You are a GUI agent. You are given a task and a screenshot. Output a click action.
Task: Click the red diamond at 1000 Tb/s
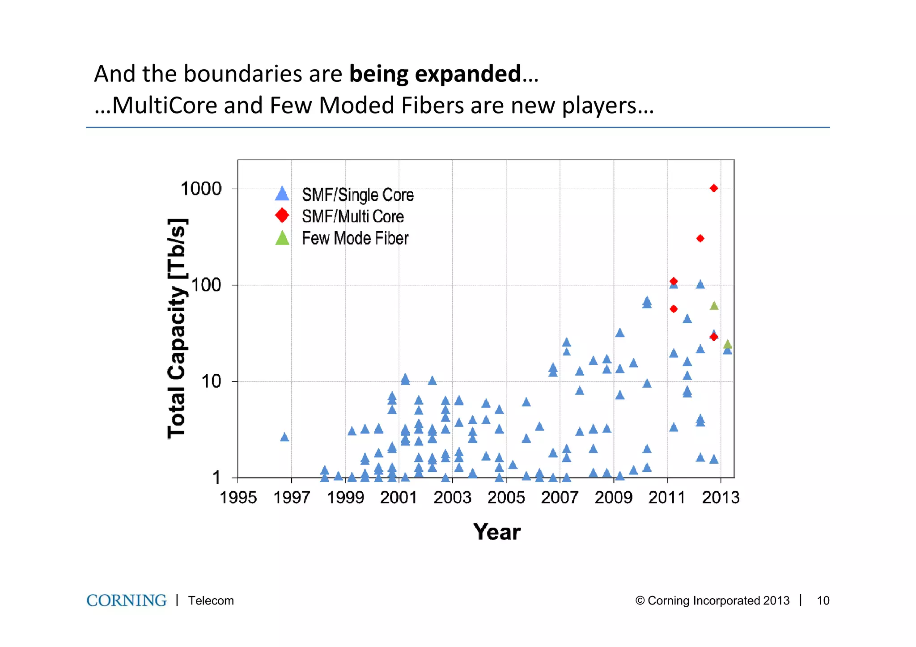pos(714,188)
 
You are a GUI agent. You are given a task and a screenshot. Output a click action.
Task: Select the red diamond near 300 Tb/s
pos(700,238)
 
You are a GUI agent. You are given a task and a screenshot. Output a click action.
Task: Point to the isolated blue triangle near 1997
pos(284,437)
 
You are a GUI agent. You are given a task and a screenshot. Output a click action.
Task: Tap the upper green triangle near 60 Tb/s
pos(714,306)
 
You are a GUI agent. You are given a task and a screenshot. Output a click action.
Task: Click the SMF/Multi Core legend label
pos(352,216)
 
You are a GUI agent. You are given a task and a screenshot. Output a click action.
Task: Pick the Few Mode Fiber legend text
pos(355,238)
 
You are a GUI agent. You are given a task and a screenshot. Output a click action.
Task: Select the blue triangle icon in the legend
pos(282,194)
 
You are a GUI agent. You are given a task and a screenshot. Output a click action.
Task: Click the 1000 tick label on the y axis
pos(201,189)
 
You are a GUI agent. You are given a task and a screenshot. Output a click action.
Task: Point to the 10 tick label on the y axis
pos(211,381)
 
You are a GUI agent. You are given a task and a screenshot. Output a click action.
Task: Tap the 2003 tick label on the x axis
pos(452,497)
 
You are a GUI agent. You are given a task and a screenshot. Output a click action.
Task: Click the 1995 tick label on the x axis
pos(238,497)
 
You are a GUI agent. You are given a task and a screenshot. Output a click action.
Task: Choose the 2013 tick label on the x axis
pos(721,497)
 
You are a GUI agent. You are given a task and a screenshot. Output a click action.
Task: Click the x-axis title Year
pos(496,532)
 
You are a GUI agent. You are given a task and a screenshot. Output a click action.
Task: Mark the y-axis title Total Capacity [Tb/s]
pos(177,329)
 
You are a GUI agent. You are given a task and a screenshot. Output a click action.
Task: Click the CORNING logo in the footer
pos(127,600)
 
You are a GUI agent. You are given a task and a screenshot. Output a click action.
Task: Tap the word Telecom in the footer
pos(211,600)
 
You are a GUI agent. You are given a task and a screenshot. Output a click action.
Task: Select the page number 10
pos(823,600)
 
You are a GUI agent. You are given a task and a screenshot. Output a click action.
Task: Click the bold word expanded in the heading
pos(468,74)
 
